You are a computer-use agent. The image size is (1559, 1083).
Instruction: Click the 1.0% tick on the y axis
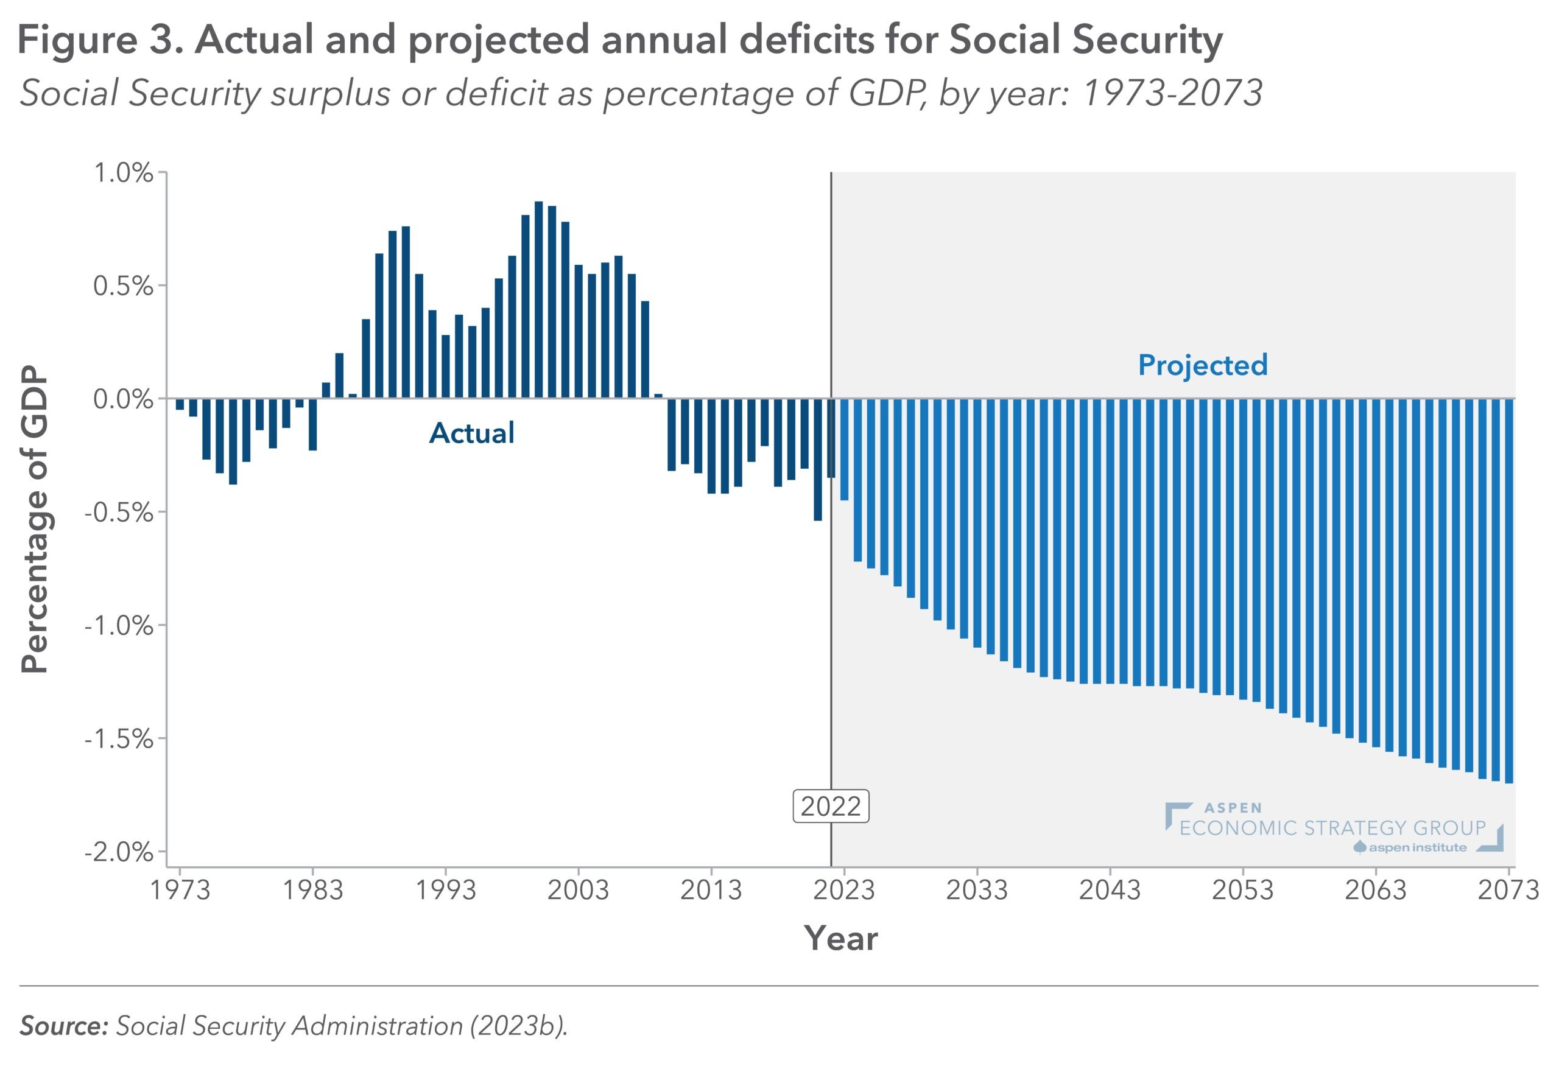123,173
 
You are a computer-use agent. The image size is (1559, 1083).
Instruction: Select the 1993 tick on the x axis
445,889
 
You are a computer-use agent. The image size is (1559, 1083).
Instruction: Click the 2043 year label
1110,889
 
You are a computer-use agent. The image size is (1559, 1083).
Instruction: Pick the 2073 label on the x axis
1508,889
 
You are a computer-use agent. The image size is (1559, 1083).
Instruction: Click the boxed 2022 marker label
830,806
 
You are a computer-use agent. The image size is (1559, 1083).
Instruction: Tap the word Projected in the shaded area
1202,365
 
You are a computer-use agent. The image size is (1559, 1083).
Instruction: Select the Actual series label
472,433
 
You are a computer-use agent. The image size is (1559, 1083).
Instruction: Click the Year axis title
840,939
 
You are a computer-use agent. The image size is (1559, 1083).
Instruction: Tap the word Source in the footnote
64,1025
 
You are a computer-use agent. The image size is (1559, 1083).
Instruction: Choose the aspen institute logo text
1417,847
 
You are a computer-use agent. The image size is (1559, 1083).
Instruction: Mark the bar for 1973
180,404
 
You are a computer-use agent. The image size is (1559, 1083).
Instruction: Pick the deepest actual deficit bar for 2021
818,460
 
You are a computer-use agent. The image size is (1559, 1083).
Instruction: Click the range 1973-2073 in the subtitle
1172,93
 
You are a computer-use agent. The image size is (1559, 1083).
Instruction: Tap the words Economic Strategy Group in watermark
1332,828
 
